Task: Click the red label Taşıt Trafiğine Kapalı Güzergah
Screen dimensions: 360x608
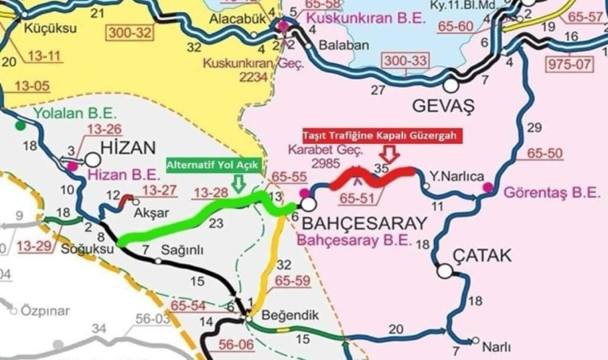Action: point(379,136)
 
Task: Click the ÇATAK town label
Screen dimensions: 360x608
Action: point(482,256)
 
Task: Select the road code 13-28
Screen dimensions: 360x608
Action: point(210,193)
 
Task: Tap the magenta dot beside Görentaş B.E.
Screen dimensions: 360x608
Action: point(488,188)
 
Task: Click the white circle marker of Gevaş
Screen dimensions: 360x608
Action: point(453,83)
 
